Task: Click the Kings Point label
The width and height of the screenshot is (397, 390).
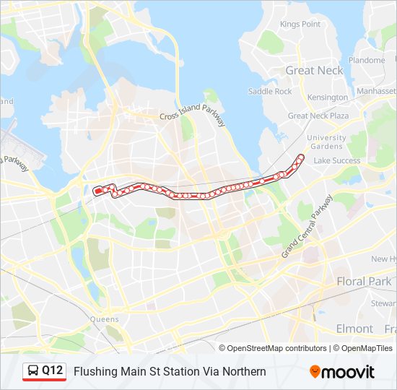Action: point(300,24)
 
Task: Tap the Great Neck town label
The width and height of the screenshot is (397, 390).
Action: point(315,71)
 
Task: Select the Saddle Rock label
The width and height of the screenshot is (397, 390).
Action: point(270,92)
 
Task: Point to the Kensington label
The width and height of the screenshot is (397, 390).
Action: point(327,97)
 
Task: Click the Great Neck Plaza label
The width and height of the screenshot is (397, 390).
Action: point(318,116)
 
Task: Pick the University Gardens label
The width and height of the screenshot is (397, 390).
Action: point(326,142)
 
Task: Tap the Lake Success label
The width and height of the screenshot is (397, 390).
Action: point(337,160)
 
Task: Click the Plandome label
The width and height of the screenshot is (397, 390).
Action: point(367,60)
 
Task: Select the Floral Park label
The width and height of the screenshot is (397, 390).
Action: point(364,281)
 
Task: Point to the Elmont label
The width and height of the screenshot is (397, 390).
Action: point(354,329)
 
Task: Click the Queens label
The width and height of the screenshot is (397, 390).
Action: point(105,318)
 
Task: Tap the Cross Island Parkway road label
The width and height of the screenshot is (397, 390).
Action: point(193,116)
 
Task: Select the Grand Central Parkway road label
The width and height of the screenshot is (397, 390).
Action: point(307,226)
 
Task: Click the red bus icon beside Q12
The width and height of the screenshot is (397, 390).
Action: point(32,371)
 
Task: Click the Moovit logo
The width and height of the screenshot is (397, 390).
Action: point(342,372)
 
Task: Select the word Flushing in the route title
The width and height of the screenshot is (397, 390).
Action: point(92,372)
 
